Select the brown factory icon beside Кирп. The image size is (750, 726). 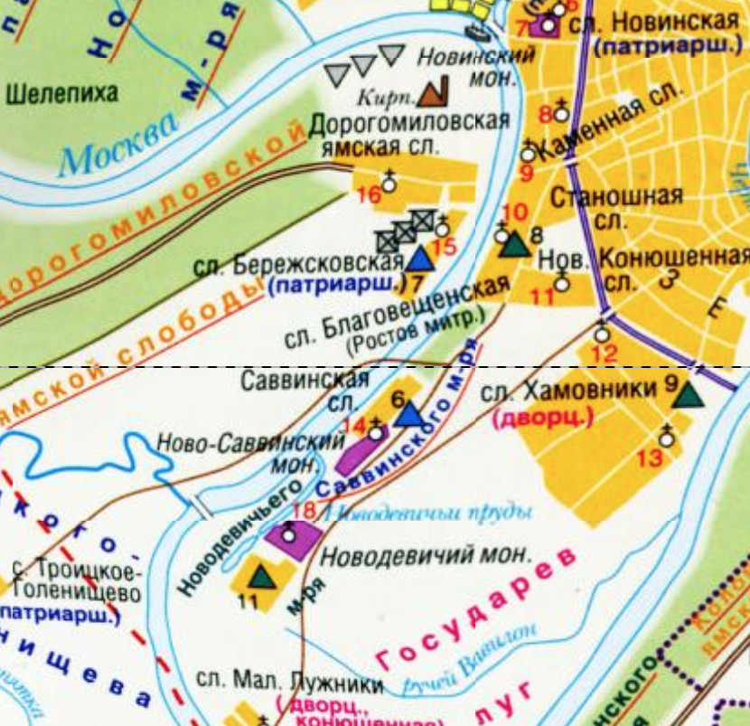435,90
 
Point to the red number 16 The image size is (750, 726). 369,194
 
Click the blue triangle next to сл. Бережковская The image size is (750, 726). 418,259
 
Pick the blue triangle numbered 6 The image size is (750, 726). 409,414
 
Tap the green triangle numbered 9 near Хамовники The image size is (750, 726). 689,394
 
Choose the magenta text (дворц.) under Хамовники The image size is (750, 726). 541,418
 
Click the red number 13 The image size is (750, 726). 649,458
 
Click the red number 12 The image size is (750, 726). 606,354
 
